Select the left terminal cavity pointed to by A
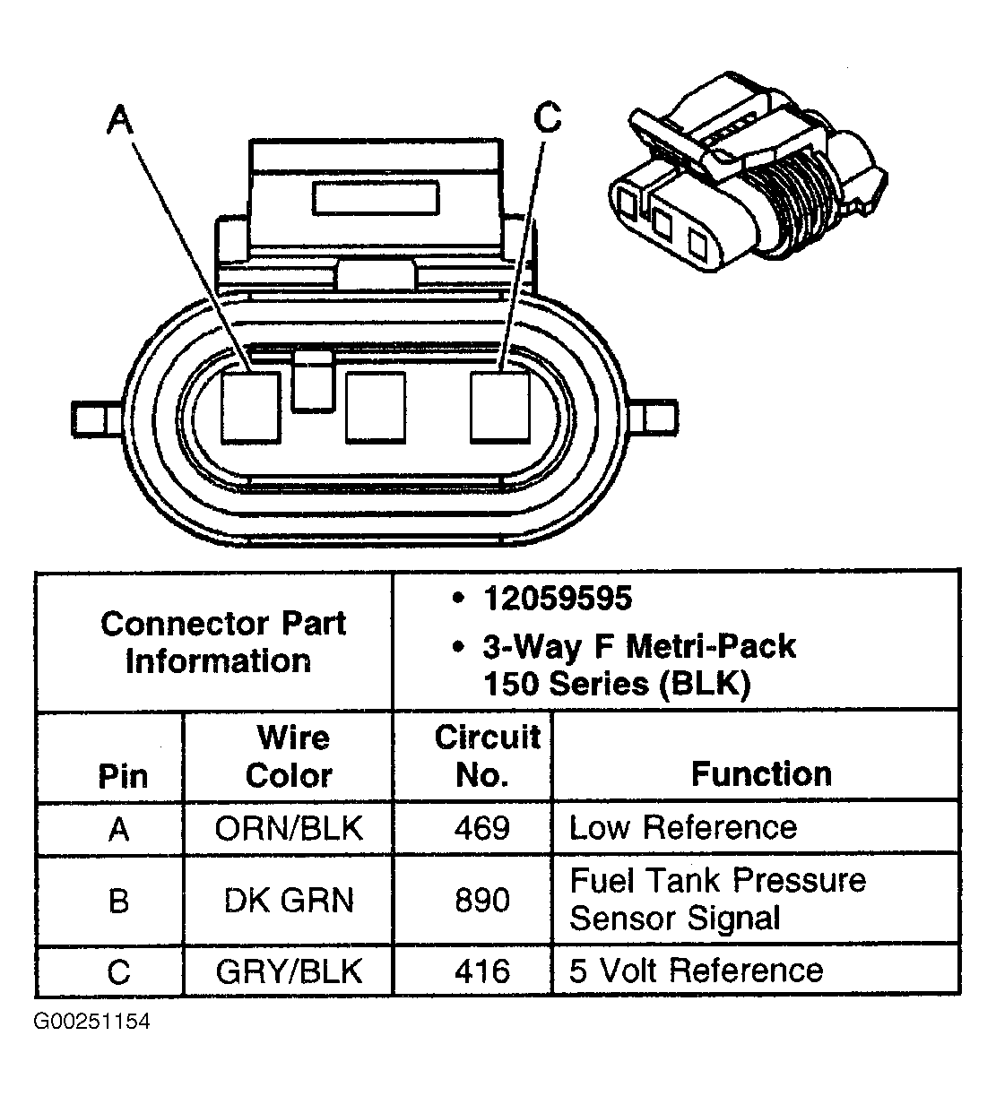click(250, 406)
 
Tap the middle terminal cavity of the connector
click(375, 406)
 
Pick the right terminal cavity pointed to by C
click(499, 406)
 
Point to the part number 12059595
click(557, 599)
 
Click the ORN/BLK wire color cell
click(289, 827)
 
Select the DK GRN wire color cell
click(289, 899)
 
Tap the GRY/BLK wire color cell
click(289, 971)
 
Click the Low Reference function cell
click(682, 827)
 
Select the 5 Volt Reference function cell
click(696, 971)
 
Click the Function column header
click(761, 774)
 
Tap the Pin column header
click(122, 776)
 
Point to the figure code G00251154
click(91, 1022)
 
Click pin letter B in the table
click(118, 900)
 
